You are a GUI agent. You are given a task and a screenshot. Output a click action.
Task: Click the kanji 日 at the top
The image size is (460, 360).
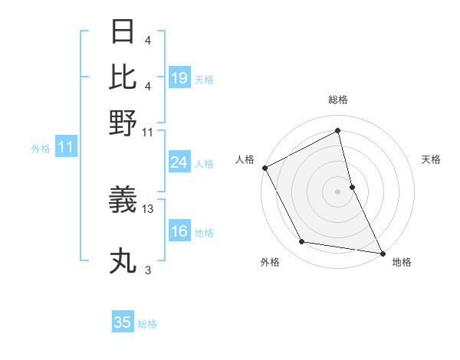pos(123,33)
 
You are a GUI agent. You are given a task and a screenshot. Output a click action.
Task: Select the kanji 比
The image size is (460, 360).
pos(123,77)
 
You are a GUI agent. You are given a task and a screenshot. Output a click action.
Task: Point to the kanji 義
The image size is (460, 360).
pos(123,200)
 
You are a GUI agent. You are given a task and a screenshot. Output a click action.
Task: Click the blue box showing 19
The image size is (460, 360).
pos(179,78)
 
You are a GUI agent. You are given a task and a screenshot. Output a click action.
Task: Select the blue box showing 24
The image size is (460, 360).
pos(179,162)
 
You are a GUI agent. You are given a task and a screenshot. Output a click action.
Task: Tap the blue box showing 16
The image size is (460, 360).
pos(179,231)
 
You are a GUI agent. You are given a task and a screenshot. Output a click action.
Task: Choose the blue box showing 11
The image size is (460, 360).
pos(65,148)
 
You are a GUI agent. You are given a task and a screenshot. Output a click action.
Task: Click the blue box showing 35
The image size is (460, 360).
pos(123,322)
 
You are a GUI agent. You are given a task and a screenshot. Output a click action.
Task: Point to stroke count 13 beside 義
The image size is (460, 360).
pos(148,208)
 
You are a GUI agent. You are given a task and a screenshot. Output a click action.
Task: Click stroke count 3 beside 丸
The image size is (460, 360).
pos(148,270)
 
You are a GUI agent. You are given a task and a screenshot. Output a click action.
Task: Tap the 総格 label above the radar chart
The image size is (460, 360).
pos(337,100)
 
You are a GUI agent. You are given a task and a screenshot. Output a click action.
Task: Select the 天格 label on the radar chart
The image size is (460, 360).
pos(431,159)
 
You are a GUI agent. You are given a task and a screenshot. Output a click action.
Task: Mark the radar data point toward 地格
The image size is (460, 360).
pos(382,253)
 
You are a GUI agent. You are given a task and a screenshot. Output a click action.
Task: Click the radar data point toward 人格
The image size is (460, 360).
pos(264,168)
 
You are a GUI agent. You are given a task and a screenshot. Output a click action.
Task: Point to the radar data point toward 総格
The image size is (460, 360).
pos(337,131)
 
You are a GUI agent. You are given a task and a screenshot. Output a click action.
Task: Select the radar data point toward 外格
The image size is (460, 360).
pos(302,242)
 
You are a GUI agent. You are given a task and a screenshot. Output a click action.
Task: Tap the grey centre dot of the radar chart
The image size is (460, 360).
pos(337,191)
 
